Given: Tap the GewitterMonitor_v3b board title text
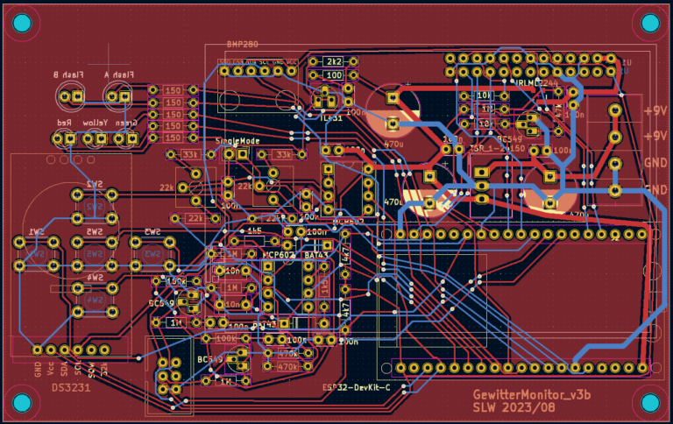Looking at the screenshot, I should coord(532,395).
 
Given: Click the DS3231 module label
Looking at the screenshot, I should coord(68,386).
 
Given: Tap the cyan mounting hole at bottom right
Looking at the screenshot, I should coord(649,402).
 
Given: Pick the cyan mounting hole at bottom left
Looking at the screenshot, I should coord(22,402).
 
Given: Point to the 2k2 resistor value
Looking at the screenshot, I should coord(333,61).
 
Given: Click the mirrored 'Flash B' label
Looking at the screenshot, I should coord(67,75).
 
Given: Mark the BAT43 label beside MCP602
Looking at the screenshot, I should coord(315,254).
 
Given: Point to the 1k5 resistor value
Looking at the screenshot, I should coord(254,231).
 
